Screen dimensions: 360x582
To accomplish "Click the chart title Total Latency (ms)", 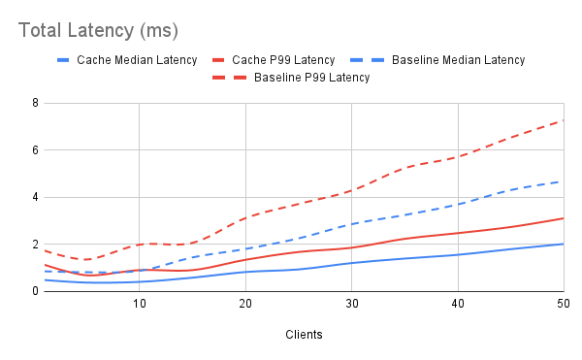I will (x=99, y=30).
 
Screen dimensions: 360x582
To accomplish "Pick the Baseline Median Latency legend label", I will (x=459, y=59).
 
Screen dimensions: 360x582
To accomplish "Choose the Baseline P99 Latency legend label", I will (x=311, y=77).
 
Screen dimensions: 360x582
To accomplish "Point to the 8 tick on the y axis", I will (x=34, y=103).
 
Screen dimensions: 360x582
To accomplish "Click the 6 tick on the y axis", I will (x=34, y=150).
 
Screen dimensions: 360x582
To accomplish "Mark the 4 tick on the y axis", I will (x=34, y=197).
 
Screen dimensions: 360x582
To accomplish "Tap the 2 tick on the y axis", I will (x=34, y=245).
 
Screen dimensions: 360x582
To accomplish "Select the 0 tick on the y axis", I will (x=34, y=291).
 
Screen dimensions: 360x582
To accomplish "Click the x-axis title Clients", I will (x=305, y=335).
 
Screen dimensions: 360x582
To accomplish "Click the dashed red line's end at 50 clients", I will (x=563, y=120).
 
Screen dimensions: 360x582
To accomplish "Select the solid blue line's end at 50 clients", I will (x=563, y=244).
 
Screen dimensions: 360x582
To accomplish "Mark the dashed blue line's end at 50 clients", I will (x=563, y=181).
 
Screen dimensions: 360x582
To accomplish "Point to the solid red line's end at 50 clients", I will (x=563, y=218).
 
